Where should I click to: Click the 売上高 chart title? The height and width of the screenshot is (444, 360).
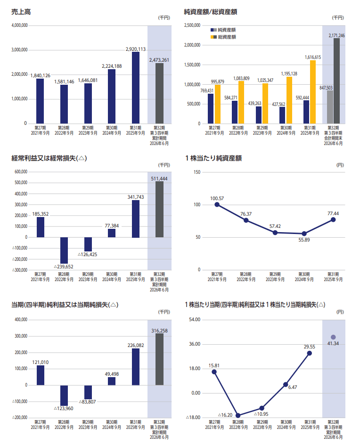pos(21,12)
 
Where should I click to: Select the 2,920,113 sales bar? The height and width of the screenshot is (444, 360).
pos(136,88)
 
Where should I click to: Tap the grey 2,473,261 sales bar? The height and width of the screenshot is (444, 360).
pos(159,93)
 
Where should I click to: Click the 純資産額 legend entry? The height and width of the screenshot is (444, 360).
pos(223,30)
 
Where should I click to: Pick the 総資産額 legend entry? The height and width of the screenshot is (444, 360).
pos(223,37)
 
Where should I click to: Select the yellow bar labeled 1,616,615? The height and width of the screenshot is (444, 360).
pos(313,92)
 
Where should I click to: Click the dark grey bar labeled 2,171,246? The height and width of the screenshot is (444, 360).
pos(336,81)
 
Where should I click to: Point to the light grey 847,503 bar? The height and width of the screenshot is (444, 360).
pos(330,107)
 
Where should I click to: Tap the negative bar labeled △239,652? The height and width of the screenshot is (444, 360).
pos(64,250)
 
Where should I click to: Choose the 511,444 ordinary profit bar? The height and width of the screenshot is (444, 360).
pos(159,209)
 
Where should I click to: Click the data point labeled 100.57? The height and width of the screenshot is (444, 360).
pos(217,204)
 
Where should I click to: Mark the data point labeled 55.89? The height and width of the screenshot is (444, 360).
pos(304,234)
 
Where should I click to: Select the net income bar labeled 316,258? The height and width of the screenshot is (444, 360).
pos(159,359)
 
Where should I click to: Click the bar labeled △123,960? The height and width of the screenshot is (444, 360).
pos(64,396)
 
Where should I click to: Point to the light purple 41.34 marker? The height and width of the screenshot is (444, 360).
pos(333,337)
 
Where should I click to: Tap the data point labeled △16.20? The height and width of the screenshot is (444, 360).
pos(238,415)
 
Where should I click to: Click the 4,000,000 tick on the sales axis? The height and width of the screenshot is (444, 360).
pos(20,25)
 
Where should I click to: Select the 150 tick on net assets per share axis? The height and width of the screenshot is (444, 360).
pos(197,172)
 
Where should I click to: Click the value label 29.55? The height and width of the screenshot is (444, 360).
pos(309,347)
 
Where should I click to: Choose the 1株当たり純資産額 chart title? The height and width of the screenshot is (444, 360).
pos(213,158)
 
